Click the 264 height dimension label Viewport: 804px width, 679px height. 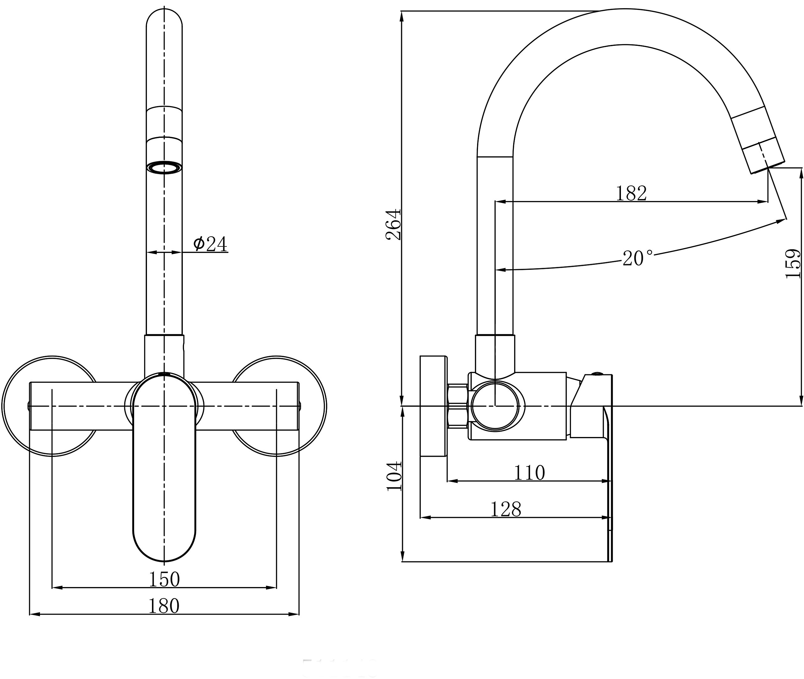point(393,224)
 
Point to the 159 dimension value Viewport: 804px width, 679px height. point(792,264)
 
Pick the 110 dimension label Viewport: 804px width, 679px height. point(530,472)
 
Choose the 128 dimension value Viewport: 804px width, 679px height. point(506,509)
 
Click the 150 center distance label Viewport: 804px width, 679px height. point(165,579)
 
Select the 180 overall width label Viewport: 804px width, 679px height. point(164,606)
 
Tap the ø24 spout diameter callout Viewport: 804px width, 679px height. point(210,243)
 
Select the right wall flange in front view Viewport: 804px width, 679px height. point(276,406)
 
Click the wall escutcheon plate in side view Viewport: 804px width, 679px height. point(434,406)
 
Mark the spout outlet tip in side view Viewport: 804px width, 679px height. point(768,168)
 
